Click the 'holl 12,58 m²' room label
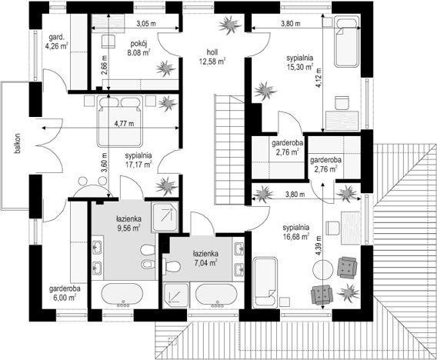(x=212, y=57)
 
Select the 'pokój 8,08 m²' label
(x=138, y=48)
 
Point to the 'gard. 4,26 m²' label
(x=57, y=42)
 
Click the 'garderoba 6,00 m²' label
(x=65, y=293)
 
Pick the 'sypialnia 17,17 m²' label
(x=138, y=160)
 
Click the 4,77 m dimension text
(x=125, y=123)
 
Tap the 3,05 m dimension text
(x=146, y=24)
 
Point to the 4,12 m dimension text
(x=318, y=78)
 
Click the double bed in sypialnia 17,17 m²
(x=120, y=121)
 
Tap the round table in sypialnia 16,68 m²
(x=323, y=269)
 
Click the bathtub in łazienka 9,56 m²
(x=122, y=295)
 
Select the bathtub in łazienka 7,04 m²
(x=216, y=295)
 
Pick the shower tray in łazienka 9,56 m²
(x=165, y=217)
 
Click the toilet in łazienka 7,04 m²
(x=172, y=266)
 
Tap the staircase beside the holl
(x=229, y=149)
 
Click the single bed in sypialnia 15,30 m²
(x=347, y=42)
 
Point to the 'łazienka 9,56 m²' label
(x=128, y=223)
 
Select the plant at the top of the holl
(x=229, y=25)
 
